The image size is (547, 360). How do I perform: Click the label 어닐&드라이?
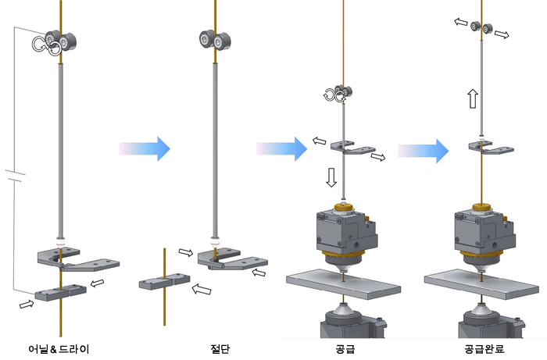[59, 348]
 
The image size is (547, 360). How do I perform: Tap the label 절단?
[220, 348]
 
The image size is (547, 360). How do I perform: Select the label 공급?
[345, 348]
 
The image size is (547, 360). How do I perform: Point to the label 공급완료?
[484, 348]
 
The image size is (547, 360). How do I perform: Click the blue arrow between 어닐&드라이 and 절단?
[145, 148]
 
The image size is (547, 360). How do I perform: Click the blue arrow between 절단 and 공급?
[282, 149]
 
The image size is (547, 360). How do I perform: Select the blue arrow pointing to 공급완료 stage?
[424, 151]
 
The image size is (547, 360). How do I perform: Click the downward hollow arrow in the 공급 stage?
[331, 177]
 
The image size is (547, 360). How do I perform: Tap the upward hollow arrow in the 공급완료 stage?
[473, 98]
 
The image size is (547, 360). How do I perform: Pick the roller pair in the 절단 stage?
[215, 40]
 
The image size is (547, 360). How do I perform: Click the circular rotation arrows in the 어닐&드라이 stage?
[46, 46]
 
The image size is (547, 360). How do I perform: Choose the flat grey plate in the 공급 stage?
[344, 283]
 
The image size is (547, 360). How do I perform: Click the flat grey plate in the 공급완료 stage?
[482, 283]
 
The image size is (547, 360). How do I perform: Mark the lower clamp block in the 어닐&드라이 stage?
[61, 292]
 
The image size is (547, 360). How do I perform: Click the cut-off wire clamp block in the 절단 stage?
[165, 281]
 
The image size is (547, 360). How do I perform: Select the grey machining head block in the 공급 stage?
[346, 230]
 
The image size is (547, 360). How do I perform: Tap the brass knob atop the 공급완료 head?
[482, 209]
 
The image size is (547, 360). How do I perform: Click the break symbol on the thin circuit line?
[15, 176]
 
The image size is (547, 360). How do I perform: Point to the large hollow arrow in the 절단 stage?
[202, 289]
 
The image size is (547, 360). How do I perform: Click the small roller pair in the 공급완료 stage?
[482, 27]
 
